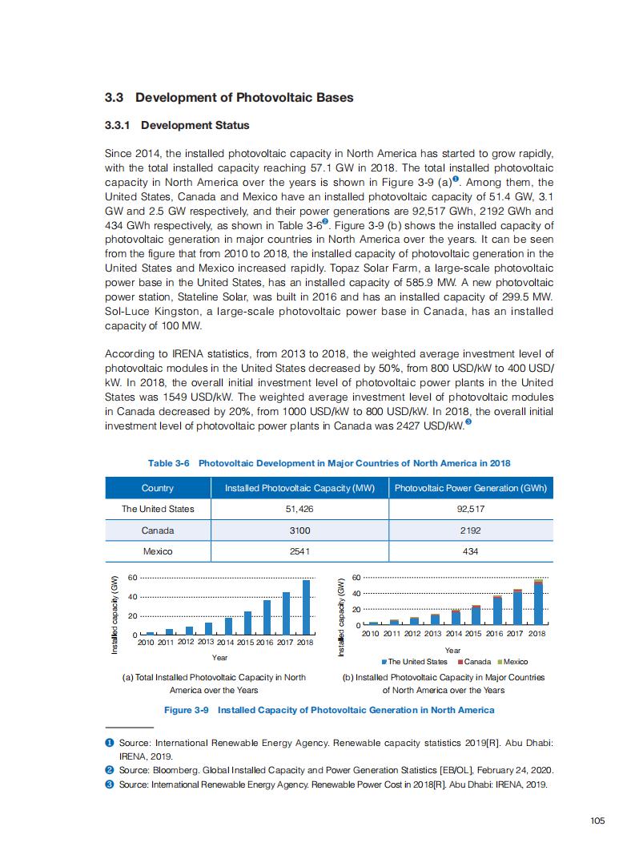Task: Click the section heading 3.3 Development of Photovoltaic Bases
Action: coord(229,98)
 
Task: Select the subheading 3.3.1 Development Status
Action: coord(177,126)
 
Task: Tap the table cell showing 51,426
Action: coord(299,509)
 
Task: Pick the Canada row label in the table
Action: coord(158,530)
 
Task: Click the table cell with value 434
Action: coord(471,551)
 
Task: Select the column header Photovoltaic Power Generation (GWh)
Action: coord(471,488)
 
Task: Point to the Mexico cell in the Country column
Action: coord(158,551)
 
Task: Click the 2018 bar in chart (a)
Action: coord(306,607)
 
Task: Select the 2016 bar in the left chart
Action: coord(267,617)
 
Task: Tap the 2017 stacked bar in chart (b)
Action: coord(517,607)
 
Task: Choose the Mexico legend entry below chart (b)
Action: coord(512,662)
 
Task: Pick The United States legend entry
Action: coord(415,662)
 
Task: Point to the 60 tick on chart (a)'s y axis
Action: coord(133,577)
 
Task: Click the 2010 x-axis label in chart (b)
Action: coord(372,634)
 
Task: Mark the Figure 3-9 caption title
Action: coord(329,710)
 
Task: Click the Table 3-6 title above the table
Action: coord(329,463)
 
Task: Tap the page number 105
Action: coord(597,820)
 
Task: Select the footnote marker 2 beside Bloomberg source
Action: coord(110,770)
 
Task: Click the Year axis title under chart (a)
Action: coord(219,658)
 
